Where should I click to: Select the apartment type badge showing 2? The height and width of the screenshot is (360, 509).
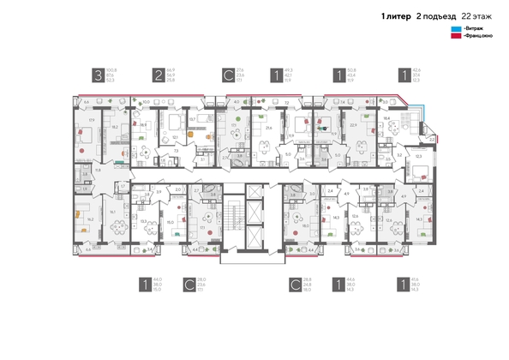159,75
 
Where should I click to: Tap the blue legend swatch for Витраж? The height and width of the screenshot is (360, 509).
455,31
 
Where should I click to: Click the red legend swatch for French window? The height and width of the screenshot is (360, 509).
455,39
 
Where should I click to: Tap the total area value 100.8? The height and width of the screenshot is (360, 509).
111,70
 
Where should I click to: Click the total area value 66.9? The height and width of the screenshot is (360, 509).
171,70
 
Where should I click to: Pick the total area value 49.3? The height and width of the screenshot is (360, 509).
288,70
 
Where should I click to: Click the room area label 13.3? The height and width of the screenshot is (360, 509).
143,219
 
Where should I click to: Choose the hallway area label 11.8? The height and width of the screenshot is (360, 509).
98,171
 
